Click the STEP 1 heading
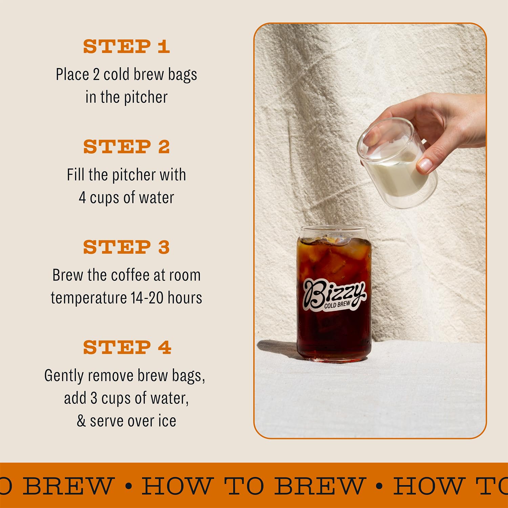click(x=126, y=46)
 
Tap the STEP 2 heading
click(x=126, y=147)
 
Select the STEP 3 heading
click(x=126, y=247)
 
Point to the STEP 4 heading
click(x=127, y=347)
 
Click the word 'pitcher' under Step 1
click(x=146, y=98)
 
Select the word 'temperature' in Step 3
click(x=89, y=298)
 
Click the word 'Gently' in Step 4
click(x=63, y=376)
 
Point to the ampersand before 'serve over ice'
click(x=81, y=421)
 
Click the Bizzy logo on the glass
click(x=333, y=293)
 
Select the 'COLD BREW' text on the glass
click(x=337, y=305)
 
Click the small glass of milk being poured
click(x=396, y=163)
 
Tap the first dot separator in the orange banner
click(x=128, y=486)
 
